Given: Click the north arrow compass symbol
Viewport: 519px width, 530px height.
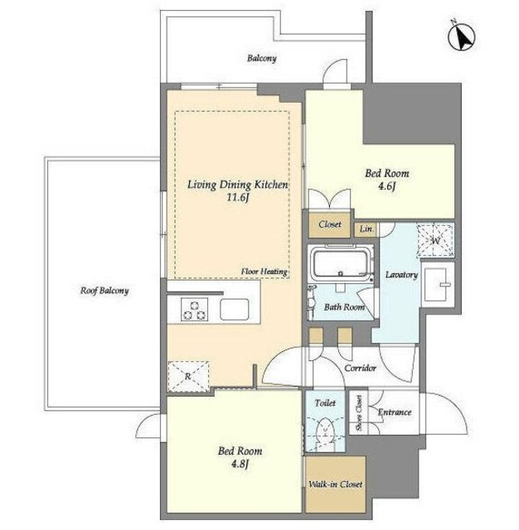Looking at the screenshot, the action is coord(462,37).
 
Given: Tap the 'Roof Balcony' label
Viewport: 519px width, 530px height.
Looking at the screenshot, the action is coord(104,291).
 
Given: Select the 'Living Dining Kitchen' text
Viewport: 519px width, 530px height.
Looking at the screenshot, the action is coord(237,185).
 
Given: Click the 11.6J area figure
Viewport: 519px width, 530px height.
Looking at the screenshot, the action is coord(238,197).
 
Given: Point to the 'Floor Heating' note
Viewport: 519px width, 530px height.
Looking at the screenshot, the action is coord(264,272).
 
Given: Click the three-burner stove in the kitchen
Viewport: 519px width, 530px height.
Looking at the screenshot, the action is coord(194,309).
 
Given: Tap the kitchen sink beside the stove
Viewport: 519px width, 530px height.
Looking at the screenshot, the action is coord(235,309).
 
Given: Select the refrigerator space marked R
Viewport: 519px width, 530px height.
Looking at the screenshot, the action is coord(188,376).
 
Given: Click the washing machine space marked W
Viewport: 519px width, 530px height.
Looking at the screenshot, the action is coord(435,241).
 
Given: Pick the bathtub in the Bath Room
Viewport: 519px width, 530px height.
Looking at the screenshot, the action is coord(341,263).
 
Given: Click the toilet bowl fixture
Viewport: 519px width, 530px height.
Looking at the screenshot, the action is coord(325,432).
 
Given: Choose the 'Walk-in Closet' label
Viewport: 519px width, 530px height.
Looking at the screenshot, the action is coord(335,484).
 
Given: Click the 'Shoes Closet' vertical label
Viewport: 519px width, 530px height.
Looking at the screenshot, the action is coord(359,413).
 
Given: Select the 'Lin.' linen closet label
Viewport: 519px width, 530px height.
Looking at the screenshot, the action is coord(366,229).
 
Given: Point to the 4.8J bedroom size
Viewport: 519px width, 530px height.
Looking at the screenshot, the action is coord(240,465).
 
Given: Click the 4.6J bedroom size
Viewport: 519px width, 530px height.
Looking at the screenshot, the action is coord(386,186).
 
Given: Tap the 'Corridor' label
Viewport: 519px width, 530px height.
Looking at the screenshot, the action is coord(360,368).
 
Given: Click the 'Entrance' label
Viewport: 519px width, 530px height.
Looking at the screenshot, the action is coord(395,412).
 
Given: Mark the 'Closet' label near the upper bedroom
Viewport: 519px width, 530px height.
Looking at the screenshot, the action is coord(329,224).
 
